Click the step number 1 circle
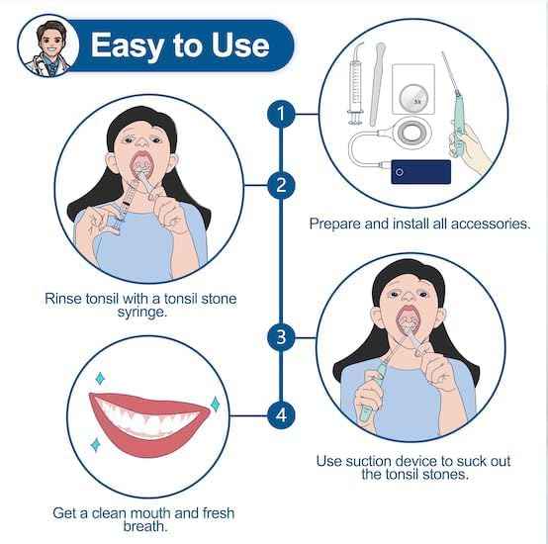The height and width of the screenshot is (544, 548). [281, 114]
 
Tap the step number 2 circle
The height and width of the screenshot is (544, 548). [281, 185]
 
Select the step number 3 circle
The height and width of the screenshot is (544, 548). [281, 337]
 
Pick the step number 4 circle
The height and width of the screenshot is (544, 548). [281, 415]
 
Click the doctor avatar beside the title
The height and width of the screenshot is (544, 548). [48, 45]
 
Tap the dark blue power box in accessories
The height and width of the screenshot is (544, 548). [420, 171]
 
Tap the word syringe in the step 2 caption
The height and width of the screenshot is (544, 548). [142, 312]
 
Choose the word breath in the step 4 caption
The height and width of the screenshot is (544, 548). [145, 526]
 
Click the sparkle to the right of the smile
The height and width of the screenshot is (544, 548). [215, 404]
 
